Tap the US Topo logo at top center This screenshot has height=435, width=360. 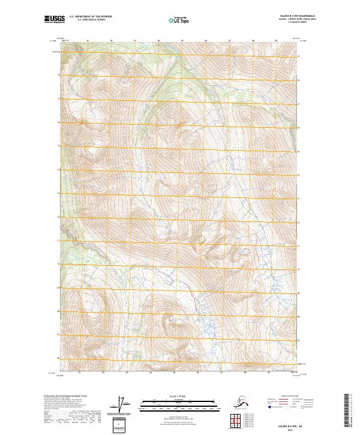pos(181,20)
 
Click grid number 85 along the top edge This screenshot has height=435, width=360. pos(182,41)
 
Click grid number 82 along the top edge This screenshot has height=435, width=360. pos(112,41)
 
